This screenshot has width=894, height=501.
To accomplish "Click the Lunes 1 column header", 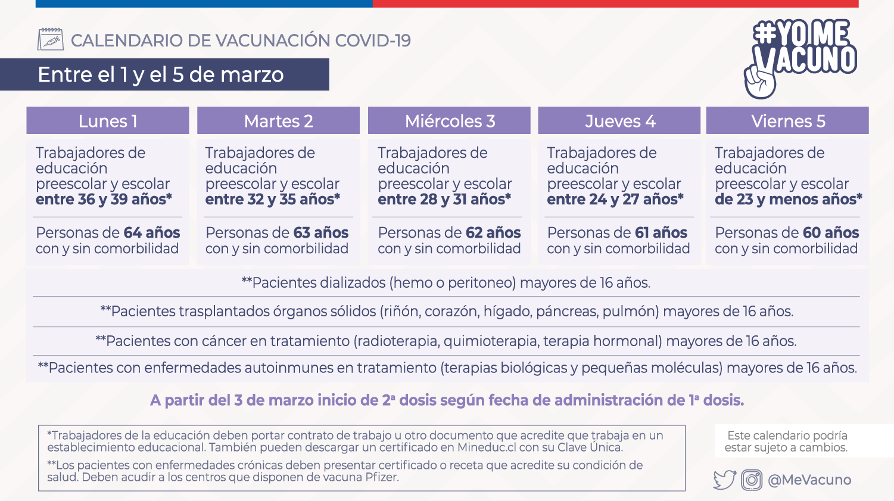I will click(108, 121).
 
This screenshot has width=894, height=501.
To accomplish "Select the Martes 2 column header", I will click(278, 121).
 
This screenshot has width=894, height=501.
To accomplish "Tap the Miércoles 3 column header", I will click(450, 121).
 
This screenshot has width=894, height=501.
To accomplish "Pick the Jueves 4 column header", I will click(619, 121).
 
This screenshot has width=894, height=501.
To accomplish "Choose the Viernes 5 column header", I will click(787, 121).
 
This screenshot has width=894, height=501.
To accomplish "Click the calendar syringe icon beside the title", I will click(51, 39).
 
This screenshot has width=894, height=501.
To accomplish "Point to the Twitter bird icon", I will click(724, 480).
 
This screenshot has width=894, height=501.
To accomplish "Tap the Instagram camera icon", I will click(752, 480).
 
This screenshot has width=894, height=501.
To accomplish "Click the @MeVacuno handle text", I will click(809, 480).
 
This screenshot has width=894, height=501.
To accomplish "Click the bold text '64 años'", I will click(152, 233).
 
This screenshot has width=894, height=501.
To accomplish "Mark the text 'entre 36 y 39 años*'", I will click(104, 200).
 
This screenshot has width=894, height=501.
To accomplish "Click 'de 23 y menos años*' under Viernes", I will click(788, 200).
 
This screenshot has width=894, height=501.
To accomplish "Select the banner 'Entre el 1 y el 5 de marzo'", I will click(161, 74).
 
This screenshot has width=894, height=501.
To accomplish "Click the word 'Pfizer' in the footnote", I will click(379, 477).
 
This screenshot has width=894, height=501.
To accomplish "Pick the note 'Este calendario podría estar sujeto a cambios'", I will click(787, 441).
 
